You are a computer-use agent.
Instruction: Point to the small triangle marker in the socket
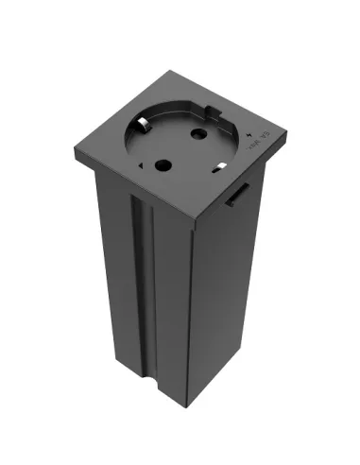pos(142,166)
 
